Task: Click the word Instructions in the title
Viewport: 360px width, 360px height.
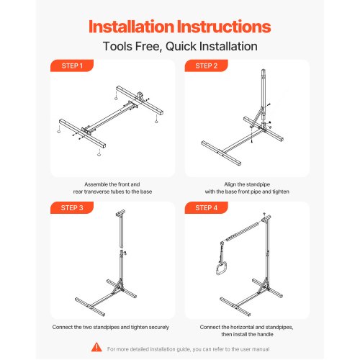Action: point(228,27)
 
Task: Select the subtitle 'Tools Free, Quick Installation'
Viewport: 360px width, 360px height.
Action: point(180,47)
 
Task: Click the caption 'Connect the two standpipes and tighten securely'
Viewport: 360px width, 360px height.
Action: point(111,326)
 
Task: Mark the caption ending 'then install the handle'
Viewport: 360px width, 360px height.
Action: point(247,330)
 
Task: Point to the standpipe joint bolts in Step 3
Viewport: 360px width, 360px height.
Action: point(125,253)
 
